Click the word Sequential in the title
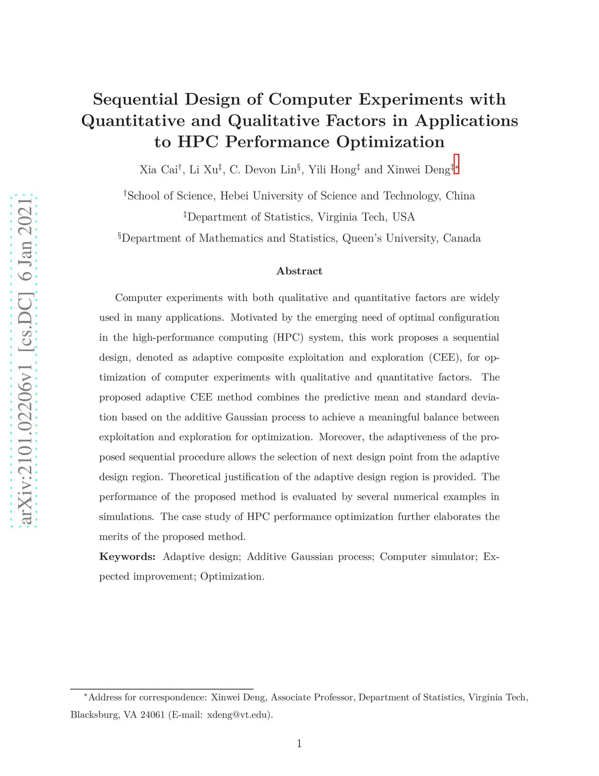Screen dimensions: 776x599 pos(135,100)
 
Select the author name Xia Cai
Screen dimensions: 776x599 pos(159,170)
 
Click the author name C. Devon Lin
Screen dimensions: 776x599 pos(263,170)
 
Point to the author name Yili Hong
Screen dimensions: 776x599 pos(332,170)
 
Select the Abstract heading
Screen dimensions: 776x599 pos(299,271)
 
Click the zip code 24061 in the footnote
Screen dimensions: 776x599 pos(152,715)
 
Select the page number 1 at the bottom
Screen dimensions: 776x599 pos(299,744)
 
